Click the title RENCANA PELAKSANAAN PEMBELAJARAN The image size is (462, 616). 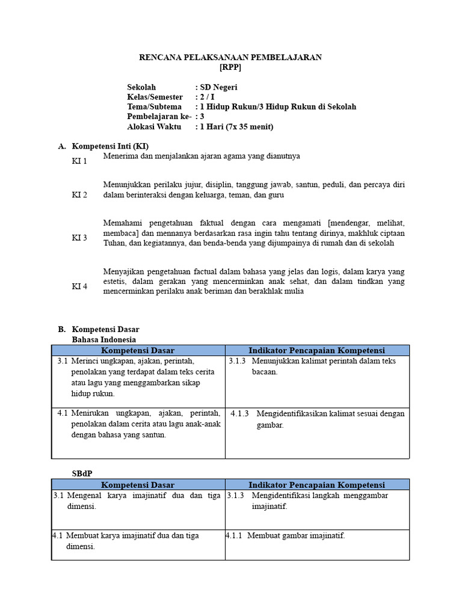coord(230,57)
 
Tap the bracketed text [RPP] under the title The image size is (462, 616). coord(230,67)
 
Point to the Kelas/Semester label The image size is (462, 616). coord(154,97)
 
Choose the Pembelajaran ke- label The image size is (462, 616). coord(159,116)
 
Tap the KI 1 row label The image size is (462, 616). coord(79,161)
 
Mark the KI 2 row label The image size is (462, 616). coord(79,195)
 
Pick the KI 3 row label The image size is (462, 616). coord(79,238)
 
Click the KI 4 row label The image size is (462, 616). coord(79,286)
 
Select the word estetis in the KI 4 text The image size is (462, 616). coord(115,281)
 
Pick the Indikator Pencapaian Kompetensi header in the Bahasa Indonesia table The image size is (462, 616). coord(316,350)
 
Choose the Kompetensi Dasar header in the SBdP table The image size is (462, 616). coord(138,484)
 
